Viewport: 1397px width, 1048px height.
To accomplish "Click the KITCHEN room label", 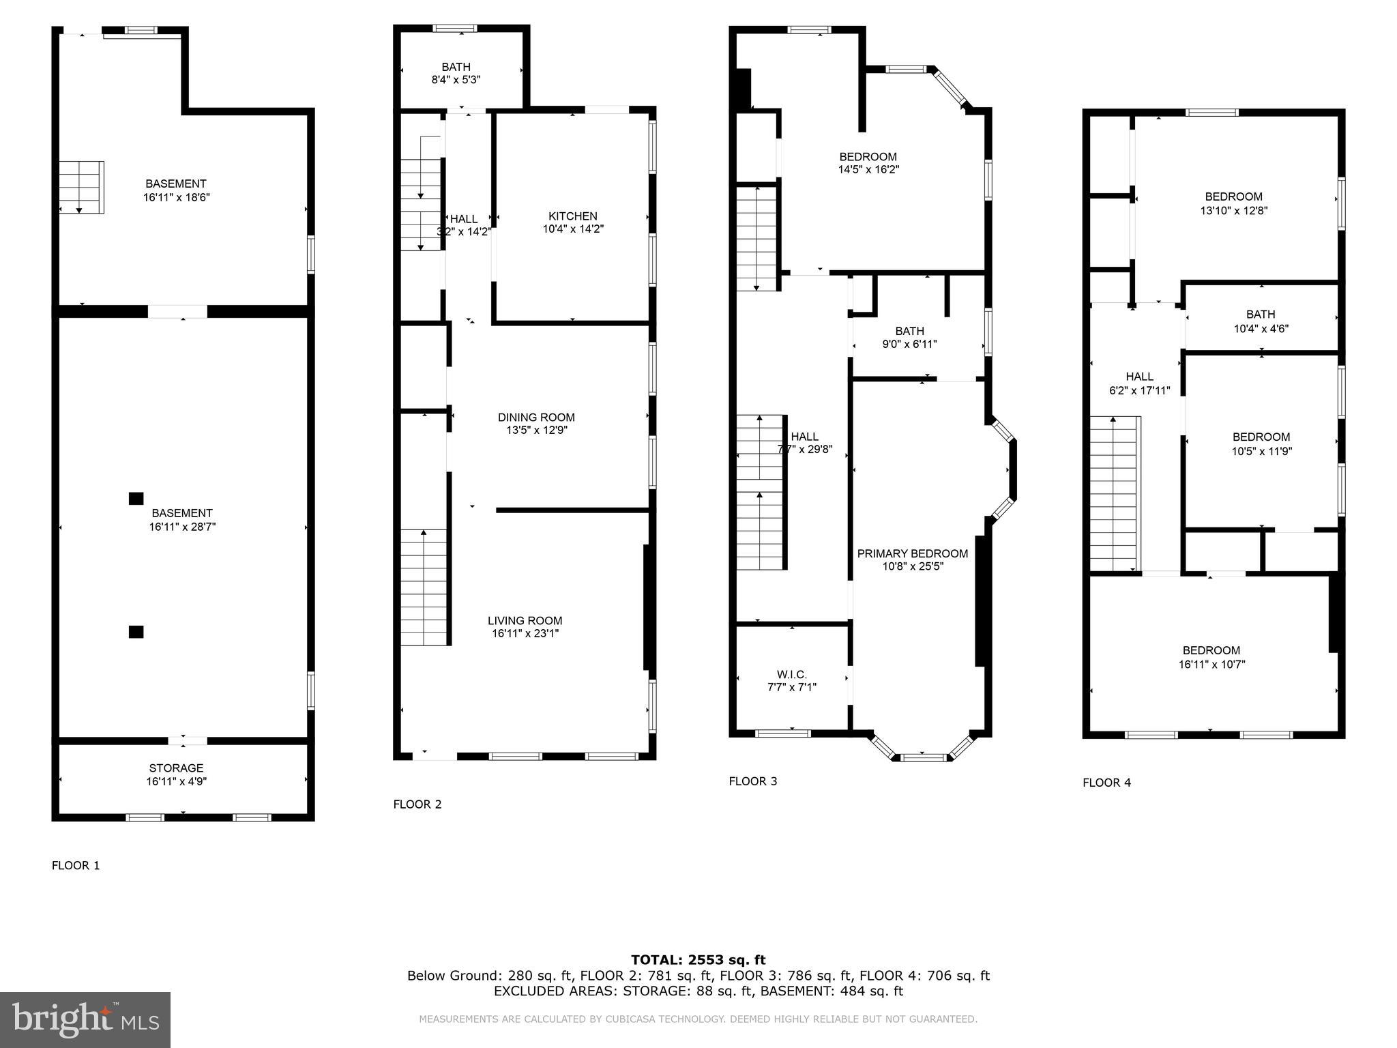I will tap(572, 216).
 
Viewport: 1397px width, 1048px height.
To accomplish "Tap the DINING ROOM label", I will tap(536, 418).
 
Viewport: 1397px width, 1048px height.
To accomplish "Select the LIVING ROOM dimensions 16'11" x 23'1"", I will tap(525, 634).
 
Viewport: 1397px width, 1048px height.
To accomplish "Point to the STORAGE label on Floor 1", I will tap(176, 768).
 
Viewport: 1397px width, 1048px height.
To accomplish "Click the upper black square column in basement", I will tap(136, 499).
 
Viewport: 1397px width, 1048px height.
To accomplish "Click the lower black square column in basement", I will tap(136, 632).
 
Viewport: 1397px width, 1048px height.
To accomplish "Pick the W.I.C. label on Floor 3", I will tap(791, 675).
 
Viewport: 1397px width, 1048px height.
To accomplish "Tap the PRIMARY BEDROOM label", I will tap(912, 553).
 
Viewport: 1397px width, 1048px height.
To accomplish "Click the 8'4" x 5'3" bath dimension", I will tap(456, 79).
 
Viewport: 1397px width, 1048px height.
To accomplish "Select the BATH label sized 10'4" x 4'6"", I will tap(1260, 315).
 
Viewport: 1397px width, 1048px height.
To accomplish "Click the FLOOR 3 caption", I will tap(752, 781).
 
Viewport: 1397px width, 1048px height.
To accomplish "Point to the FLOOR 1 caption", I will tap(76, 866).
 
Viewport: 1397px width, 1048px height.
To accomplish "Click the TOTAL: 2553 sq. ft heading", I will tap(698, 960).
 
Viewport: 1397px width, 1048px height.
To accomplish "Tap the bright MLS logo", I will tap(85, 1019).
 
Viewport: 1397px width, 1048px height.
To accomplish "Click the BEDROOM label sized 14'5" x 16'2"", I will tap(868, 157).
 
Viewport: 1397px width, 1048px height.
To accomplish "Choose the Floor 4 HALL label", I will tap(1139, 377).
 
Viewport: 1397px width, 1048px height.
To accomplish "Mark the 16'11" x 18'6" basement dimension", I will tap(176, 197).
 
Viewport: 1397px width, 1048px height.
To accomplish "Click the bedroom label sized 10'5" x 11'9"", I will tap(1261, 437).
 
